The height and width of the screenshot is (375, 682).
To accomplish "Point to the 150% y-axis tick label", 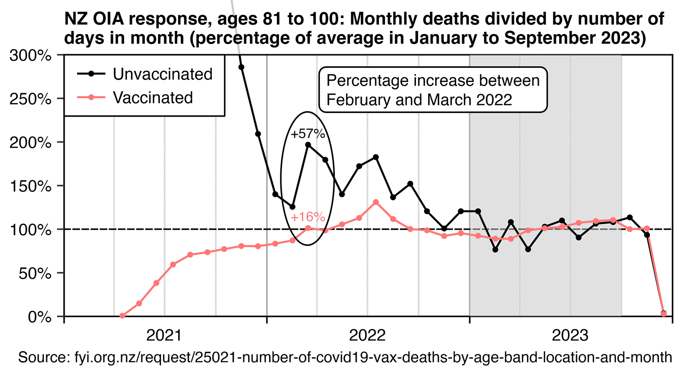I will [x=30, y=186].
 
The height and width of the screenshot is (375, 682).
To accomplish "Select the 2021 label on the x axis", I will [x=164, y=335].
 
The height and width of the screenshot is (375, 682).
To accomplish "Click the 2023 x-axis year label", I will [x=570, y=335].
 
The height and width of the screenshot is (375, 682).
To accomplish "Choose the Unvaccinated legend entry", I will [x=162, y=74].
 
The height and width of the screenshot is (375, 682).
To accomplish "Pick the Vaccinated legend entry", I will [x=153, y=98].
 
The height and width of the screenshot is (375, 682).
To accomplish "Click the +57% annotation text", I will [x=308, y=134].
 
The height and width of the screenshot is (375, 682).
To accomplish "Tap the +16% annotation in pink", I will [x=308, y=217].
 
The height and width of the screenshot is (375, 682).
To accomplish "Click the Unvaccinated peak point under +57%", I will [x=308, y=145].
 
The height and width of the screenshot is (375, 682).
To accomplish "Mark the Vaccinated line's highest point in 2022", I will [x=376, y=202].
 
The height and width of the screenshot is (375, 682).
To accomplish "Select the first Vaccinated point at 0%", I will [x=122, y=316].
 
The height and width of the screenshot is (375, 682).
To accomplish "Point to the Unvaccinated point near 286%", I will [x=241, y=67].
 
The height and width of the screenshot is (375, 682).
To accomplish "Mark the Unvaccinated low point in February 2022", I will [x=293, y=207].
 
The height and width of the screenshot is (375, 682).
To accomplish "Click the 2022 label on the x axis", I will [x=367, y=335].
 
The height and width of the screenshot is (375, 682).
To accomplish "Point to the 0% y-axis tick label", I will [x=40, y=317].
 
